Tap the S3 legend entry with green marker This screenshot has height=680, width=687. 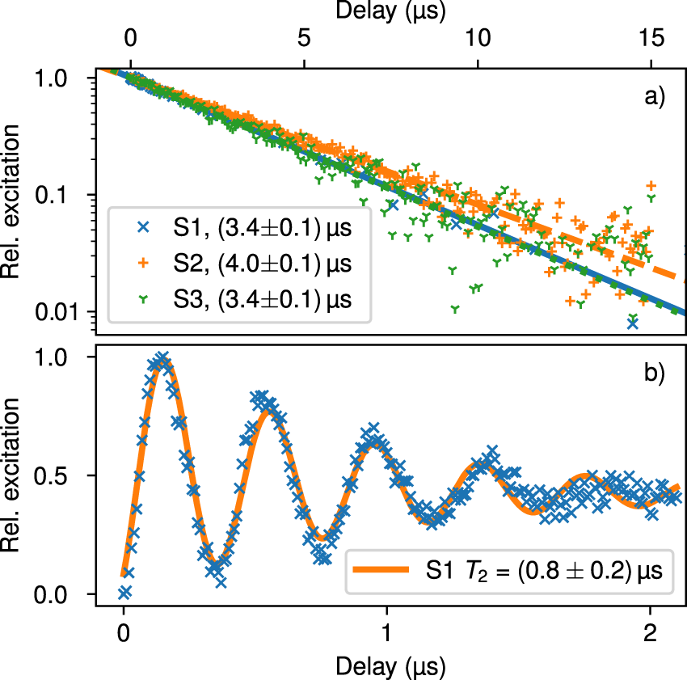tap(234, 299)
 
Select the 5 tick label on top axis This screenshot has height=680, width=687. tap(304, 39)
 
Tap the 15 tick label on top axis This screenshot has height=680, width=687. tap(651, 39)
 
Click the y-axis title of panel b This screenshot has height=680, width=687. tap(15, 475)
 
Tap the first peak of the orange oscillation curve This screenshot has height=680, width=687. tap(162, 361)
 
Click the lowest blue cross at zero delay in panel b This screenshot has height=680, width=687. tap(124, 592)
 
